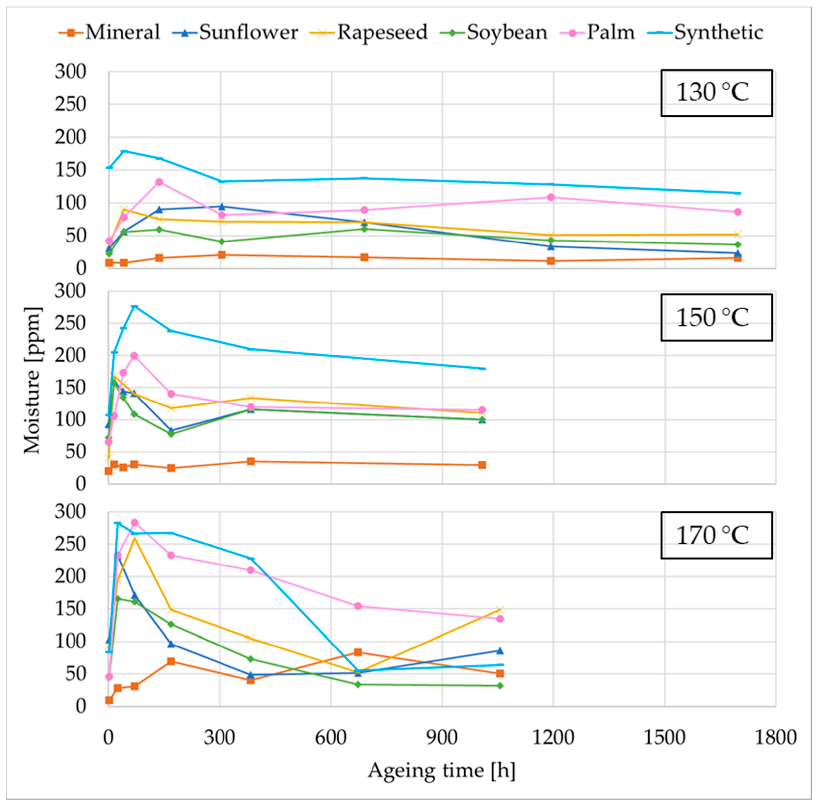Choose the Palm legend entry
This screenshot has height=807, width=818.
coord(599,32)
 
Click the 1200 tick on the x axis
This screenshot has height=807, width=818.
coord(553,737)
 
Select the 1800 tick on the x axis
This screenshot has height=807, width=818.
coord(776,737)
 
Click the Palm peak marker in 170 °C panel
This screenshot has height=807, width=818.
coord(135,522)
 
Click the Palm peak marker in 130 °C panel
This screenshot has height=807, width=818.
coord(159,182)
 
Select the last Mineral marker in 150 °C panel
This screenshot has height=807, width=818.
coord(482,465)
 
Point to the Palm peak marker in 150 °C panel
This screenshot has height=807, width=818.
coord(134,356)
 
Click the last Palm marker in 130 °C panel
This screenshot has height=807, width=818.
coord(738,212)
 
